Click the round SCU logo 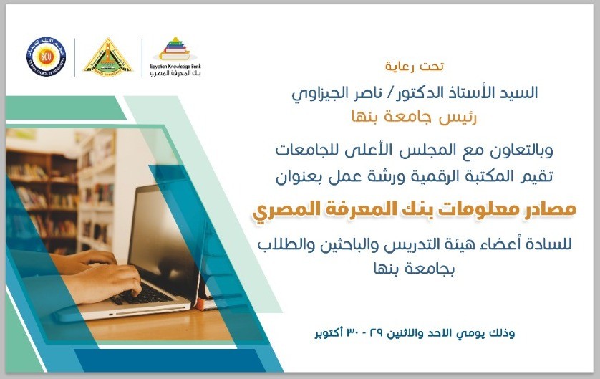[46, 57]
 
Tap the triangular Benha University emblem [108, 56]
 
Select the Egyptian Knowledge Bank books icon [175, 48]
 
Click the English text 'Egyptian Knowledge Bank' [175, 67]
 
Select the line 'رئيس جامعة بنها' [415, 117]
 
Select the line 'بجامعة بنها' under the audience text [415, 269]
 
